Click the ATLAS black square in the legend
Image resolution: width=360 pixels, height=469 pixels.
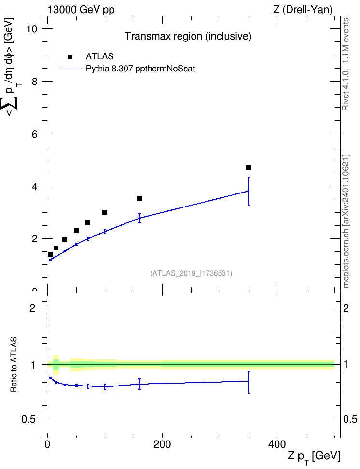70,57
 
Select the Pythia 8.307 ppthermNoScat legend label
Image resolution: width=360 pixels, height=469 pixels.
140,69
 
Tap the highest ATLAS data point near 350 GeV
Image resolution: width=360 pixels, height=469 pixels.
249,167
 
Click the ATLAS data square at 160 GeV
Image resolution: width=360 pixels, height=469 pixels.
139,198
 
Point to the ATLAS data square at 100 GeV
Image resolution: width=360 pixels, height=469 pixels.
105,212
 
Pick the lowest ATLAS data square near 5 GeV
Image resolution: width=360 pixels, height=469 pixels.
50,254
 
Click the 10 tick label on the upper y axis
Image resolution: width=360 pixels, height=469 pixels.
32,29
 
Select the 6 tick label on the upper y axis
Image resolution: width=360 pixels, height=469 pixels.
35,134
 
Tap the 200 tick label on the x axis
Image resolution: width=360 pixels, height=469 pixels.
162,444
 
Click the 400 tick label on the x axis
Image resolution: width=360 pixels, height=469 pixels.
277,444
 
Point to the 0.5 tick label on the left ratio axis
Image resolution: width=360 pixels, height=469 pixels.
29,420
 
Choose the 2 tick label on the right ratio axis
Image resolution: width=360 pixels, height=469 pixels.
346,308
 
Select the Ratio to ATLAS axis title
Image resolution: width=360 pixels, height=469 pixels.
14,364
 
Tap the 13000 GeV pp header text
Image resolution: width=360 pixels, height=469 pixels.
81,10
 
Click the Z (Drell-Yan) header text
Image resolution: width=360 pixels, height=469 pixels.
303,10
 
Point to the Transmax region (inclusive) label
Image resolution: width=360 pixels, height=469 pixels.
188,36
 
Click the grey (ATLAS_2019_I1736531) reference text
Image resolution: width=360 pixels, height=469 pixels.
191,273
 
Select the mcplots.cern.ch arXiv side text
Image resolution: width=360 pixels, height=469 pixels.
346,221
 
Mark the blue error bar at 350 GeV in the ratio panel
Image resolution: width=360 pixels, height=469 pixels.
249,382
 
